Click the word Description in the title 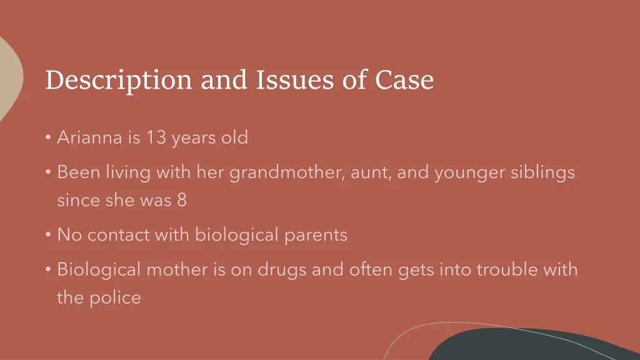118,81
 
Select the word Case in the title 404,80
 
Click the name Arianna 90,137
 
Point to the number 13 156,137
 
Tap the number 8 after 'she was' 181,201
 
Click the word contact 119,235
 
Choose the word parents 316,236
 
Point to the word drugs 285,270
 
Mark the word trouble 508,270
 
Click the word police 114,297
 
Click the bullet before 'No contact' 48,236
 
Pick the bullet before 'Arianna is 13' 48,137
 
